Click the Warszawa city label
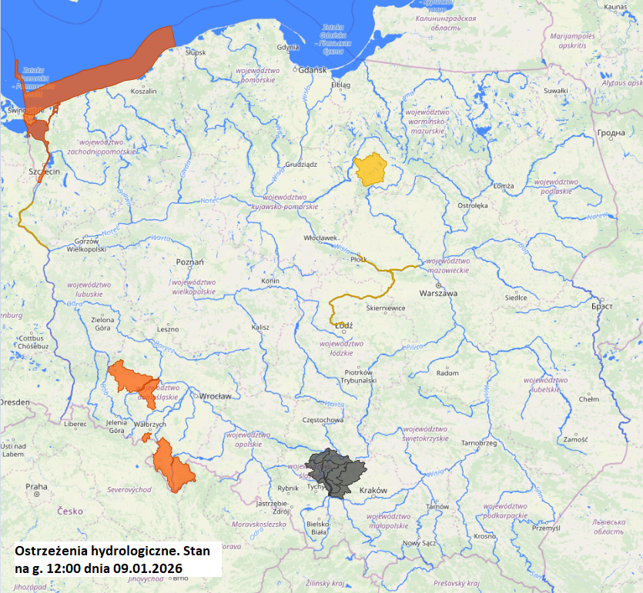click(x=438, y=294)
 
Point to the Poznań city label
click(x=190, y=262)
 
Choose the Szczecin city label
click(x=44, y=172)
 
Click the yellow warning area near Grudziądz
click(x=370, y=168)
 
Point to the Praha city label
click(x=36, y=486)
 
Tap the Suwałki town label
click(x=555, y=91)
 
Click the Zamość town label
click(x=575, y=439)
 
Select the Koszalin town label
click(x=143, y=91)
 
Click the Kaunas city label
click(x=616, y=7)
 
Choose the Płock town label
click(x=359, y=260)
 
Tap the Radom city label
click(x=447, y=372)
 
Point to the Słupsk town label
click(x=196, y=52)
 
